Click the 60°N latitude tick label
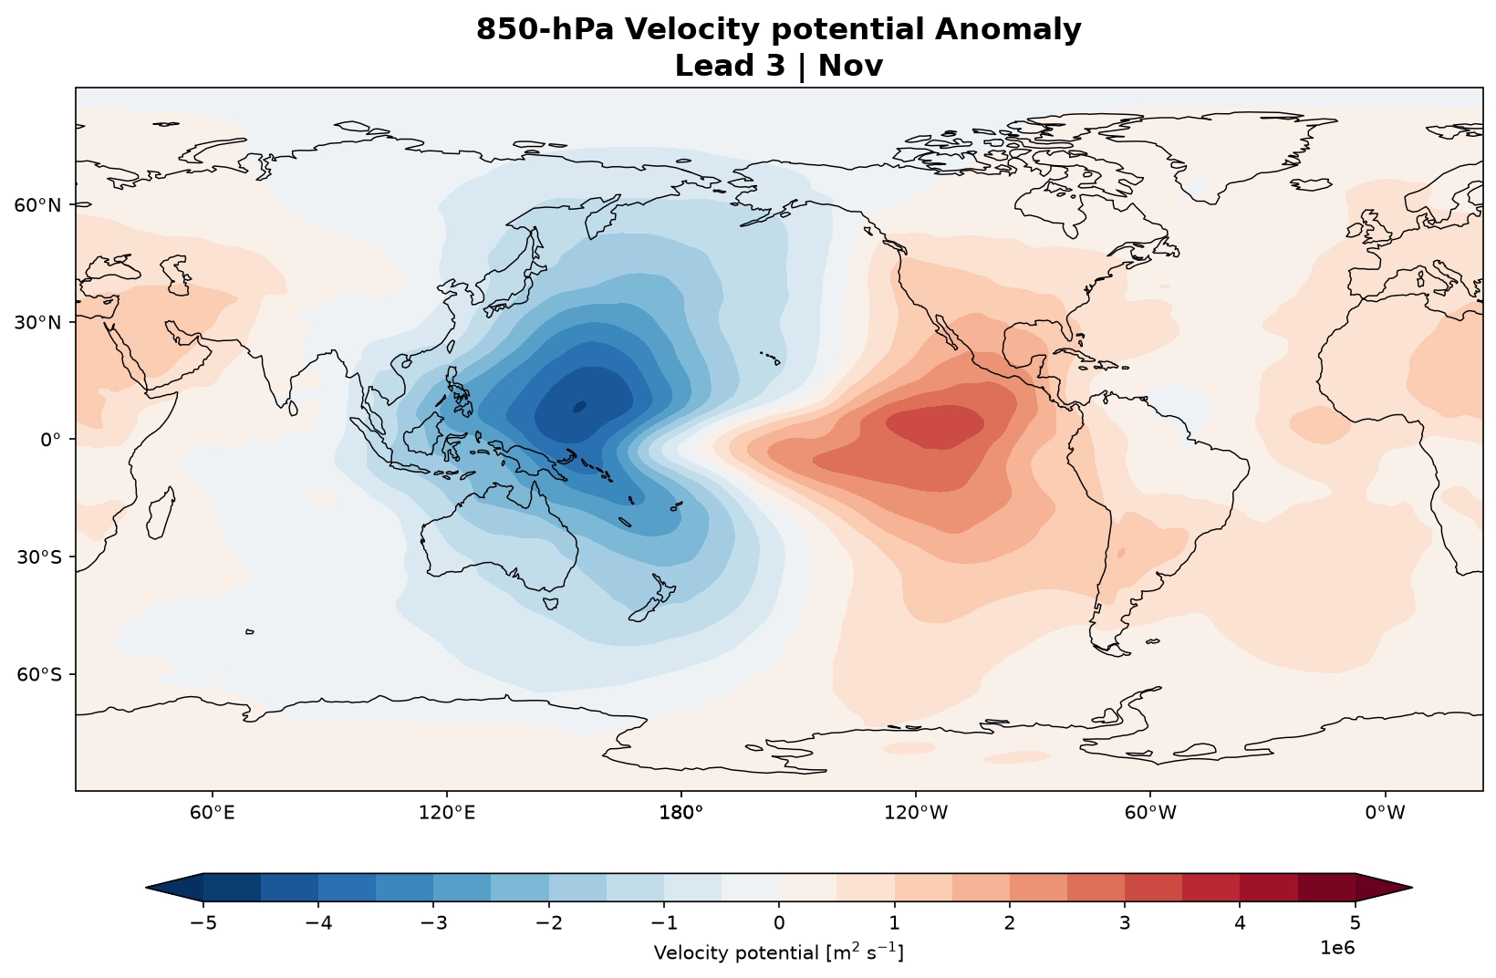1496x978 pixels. (37, 205)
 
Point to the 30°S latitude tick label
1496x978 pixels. (38, 557)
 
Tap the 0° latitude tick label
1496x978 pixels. (51, 440)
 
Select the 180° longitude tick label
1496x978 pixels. (681, 813)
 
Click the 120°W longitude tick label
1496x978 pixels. (916, 813)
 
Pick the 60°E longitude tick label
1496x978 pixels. (213, 813)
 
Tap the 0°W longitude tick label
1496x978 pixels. (1385, 813)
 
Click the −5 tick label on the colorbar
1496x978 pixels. (203, 923)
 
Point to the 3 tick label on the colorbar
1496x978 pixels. (1125, 923)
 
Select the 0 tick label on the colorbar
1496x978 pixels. (779, 923)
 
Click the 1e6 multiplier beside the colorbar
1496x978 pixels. (1337, 948)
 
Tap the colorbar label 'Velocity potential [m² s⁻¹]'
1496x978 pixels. (779, 952)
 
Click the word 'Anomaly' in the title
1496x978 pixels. (1007, 30)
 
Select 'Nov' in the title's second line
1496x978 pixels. (850, 66)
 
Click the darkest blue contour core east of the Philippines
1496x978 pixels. (579, 406)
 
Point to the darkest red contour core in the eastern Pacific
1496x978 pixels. (935, 426)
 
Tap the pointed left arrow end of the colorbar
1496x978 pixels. (149, 888)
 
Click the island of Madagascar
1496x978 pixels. (161, 513)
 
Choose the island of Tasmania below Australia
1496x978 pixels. (550, 604)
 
